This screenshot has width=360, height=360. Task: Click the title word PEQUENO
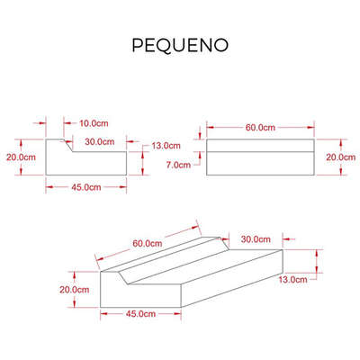(180, 45)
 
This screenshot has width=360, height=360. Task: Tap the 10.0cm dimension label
(94, 123)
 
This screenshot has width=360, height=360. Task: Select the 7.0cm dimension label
(178, 165)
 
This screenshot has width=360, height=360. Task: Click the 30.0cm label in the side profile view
(100, 141)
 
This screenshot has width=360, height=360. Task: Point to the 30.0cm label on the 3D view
(256, 239)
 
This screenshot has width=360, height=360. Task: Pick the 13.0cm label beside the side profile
(166, 146)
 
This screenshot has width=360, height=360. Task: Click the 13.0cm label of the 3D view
(292, 280)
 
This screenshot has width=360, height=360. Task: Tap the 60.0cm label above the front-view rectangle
(260, 128)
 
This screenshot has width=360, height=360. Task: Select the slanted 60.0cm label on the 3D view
(148, 243)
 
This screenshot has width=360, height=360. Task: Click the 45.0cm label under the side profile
(86, 187)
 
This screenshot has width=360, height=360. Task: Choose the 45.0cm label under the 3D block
(140, 314)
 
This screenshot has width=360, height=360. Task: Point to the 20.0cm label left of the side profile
(21, 157)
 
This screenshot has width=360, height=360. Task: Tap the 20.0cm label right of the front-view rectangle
(341, 157)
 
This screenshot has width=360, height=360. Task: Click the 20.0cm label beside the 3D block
(74, 290)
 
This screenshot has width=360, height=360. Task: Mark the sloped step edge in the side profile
(68, 146)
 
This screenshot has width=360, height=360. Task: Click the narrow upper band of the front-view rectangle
(260, 146)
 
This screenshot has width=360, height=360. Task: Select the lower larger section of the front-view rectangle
(260, 163)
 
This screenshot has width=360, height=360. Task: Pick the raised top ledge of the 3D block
(160, 255)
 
